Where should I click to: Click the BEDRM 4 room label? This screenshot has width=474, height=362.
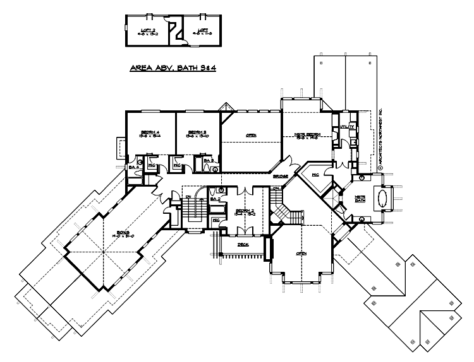tap(150, 133)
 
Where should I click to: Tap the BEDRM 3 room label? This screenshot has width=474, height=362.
tap(197, 133)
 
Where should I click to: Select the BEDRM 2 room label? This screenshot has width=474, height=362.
tap(245, 213)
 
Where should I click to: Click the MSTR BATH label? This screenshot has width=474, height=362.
tap(360, 199)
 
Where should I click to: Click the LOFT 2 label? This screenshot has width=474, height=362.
tap(147, 30)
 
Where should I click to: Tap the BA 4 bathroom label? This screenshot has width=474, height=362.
tap(134, 167)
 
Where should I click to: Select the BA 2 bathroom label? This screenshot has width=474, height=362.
tap(214, 199)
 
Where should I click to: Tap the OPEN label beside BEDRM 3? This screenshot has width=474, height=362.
tap(251, 134)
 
